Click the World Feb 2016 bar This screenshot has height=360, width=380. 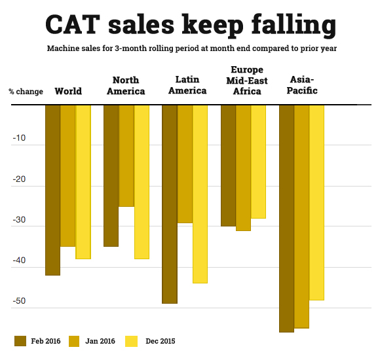[x=52, y=190]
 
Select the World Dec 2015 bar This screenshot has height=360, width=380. [x=83, y=182]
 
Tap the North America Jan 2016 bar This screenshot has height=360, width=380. [x=126, y=156]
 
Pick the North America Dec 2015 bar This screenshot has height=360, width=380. [x=142, y=182]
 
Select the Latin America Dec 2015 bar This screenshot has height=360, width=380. [x=200, y=194]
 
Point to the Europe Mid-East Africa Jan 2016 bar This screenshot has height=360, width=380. [x=243, y=168]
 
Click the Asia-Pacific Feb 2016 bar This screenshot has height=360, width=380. [x=286, y=219]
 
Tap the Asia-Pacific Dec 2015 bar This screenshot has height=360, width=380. [x=316, y=202]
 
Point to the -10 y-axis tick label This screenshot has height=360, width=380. [x=18, y=138]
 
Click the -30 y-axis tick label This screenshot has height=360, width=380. [x=18, y=220]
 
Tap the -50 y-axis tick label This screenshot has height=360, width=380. [x=18, y=302]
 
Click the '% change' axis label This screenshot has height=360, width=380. [x=26, y=91]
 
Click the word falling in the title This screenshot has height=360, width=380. [x=283, y=24]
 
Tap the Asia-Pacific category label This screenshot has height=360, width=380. [x=303, y=85]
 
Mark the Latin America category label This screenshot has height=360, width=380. [x=183, y=85]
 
